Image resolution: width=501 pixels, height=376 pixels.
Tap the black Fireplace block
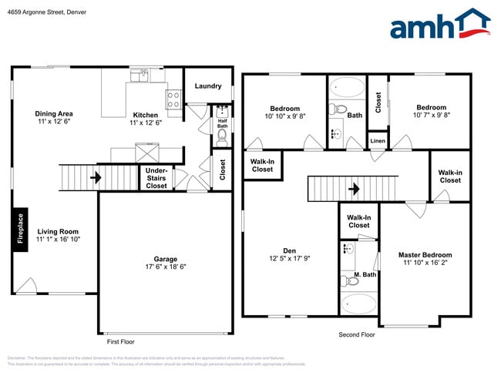pos(21,229)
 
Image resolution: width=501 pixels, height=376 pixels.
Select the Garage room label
pos(165,259)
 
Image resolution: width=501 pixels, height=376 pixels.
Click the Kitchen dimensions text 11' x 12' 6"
pos(145,123)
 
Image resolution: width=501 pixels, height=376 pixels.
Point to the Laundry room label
pos(208,86)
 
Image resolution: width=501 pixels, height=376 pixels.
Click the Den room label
pos(289,250)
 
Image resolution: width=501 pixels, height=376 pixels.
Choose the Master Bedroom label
pos(425,255)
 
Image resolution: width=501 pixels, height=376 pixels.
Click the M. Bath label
pos(365,275)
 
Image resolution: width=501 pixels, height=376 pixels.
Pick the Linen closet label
pos(378,142)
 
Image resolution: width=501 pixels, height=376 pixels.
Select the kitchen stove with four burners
pos(173,99)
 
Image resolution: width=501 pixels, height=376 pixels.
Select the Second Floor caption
pos(357,335)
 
